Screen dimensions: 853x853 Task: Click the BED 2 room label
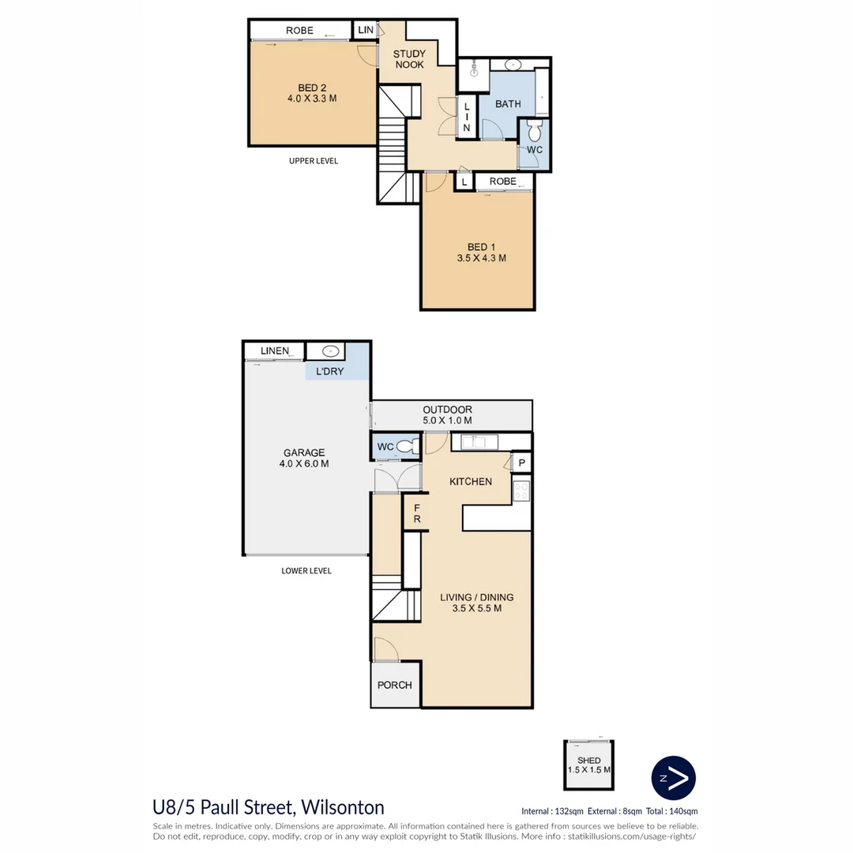pyautogui.click(x=312, y=88)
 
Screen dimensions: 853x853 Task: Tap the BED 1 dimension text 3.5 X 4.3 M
pyautogui.click(x=481, y=258)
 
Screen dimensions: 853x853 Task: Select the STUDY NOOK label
pyautogui.click(x=409, y=59)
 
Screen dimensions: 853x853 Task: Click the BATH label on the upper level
pyautogui.click(x=508, y=103)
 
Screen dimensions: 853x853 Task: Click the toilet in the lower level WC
pyautogui.click(x=408, y=447)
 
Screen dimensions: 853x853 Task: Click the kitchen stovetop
pyautogui.click(x=521, y=491)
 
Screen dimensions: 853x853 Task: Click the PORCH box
pyautogui.click(x=395, y=685)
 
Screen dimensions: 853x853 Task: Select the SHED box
pyautogui.click(x=588, y=765)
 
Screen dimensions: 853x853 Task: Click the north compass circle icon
pyautogui.click(x=673, y=778)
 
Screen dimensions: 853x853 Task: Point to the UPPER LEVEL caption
pyautogui.click(x=314, y=161)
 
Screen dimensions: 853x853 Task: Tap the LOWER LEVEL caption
pyautogui.click(x=306, y=570)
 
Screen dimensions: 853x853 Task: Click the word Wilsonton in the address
pyautogui.click(x=341, y=807)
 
